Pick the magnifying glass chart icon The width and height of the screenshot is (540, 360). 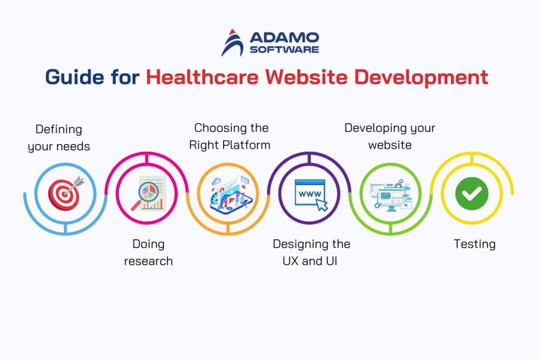pos(147,193)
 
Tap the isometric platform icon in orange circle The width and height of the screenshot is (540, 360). pos(228,193)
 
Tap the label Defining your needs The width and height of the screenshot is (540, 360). pos(59,138)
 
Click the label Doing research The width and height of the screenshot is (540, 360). pos(148,252)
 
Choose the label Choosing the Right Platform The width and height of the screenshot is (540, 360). pos(230,136)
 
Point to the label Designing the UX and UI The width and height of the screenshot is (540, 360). pos(311,252)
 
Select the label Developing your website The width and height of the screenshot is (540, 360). pos(390,136)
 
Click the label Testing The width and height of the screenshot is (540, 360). pos(475,244)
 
